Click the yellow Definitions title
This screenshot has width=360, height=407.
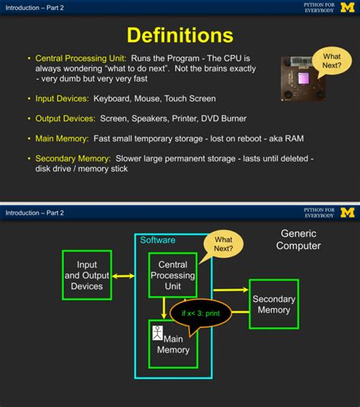(180, 35)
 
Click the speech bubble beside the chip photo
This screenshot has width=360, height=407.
(331, 62)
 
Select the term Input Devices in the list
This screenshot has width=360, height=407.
(62, 99)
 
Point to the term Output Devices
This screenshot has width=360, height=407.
(65, 118)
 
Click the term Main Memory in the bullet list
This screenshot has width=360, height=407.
(62, 139)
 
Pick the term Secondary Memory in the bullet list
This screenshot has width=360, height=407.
(73, 159)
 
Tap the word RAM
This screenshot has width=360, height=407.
(294, 139)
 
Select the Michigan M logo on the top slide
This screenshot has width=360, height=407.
(347, 8)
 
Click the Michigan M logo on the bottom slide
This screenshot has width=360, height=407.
(347, 213)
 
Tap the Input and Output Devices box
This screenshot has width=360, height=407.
(87, 275)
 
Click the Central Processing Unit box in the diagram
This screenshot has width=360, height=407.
(172, 275)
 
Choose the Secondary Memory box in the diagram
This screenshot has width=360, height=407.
(274, 304)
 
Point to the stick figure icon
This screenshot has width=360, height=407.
(157, 333)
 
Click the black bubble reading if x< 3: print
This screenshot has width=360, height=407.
(201, 314)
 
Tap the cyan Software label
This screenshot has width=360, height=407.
(157, 240)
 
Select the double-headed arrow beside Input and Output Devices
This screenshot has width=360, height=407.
(124, 276)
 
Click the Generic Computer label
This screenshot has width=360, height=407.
(298, 240)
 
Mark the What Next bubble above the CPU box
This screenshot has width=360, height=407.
(223, 245)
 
